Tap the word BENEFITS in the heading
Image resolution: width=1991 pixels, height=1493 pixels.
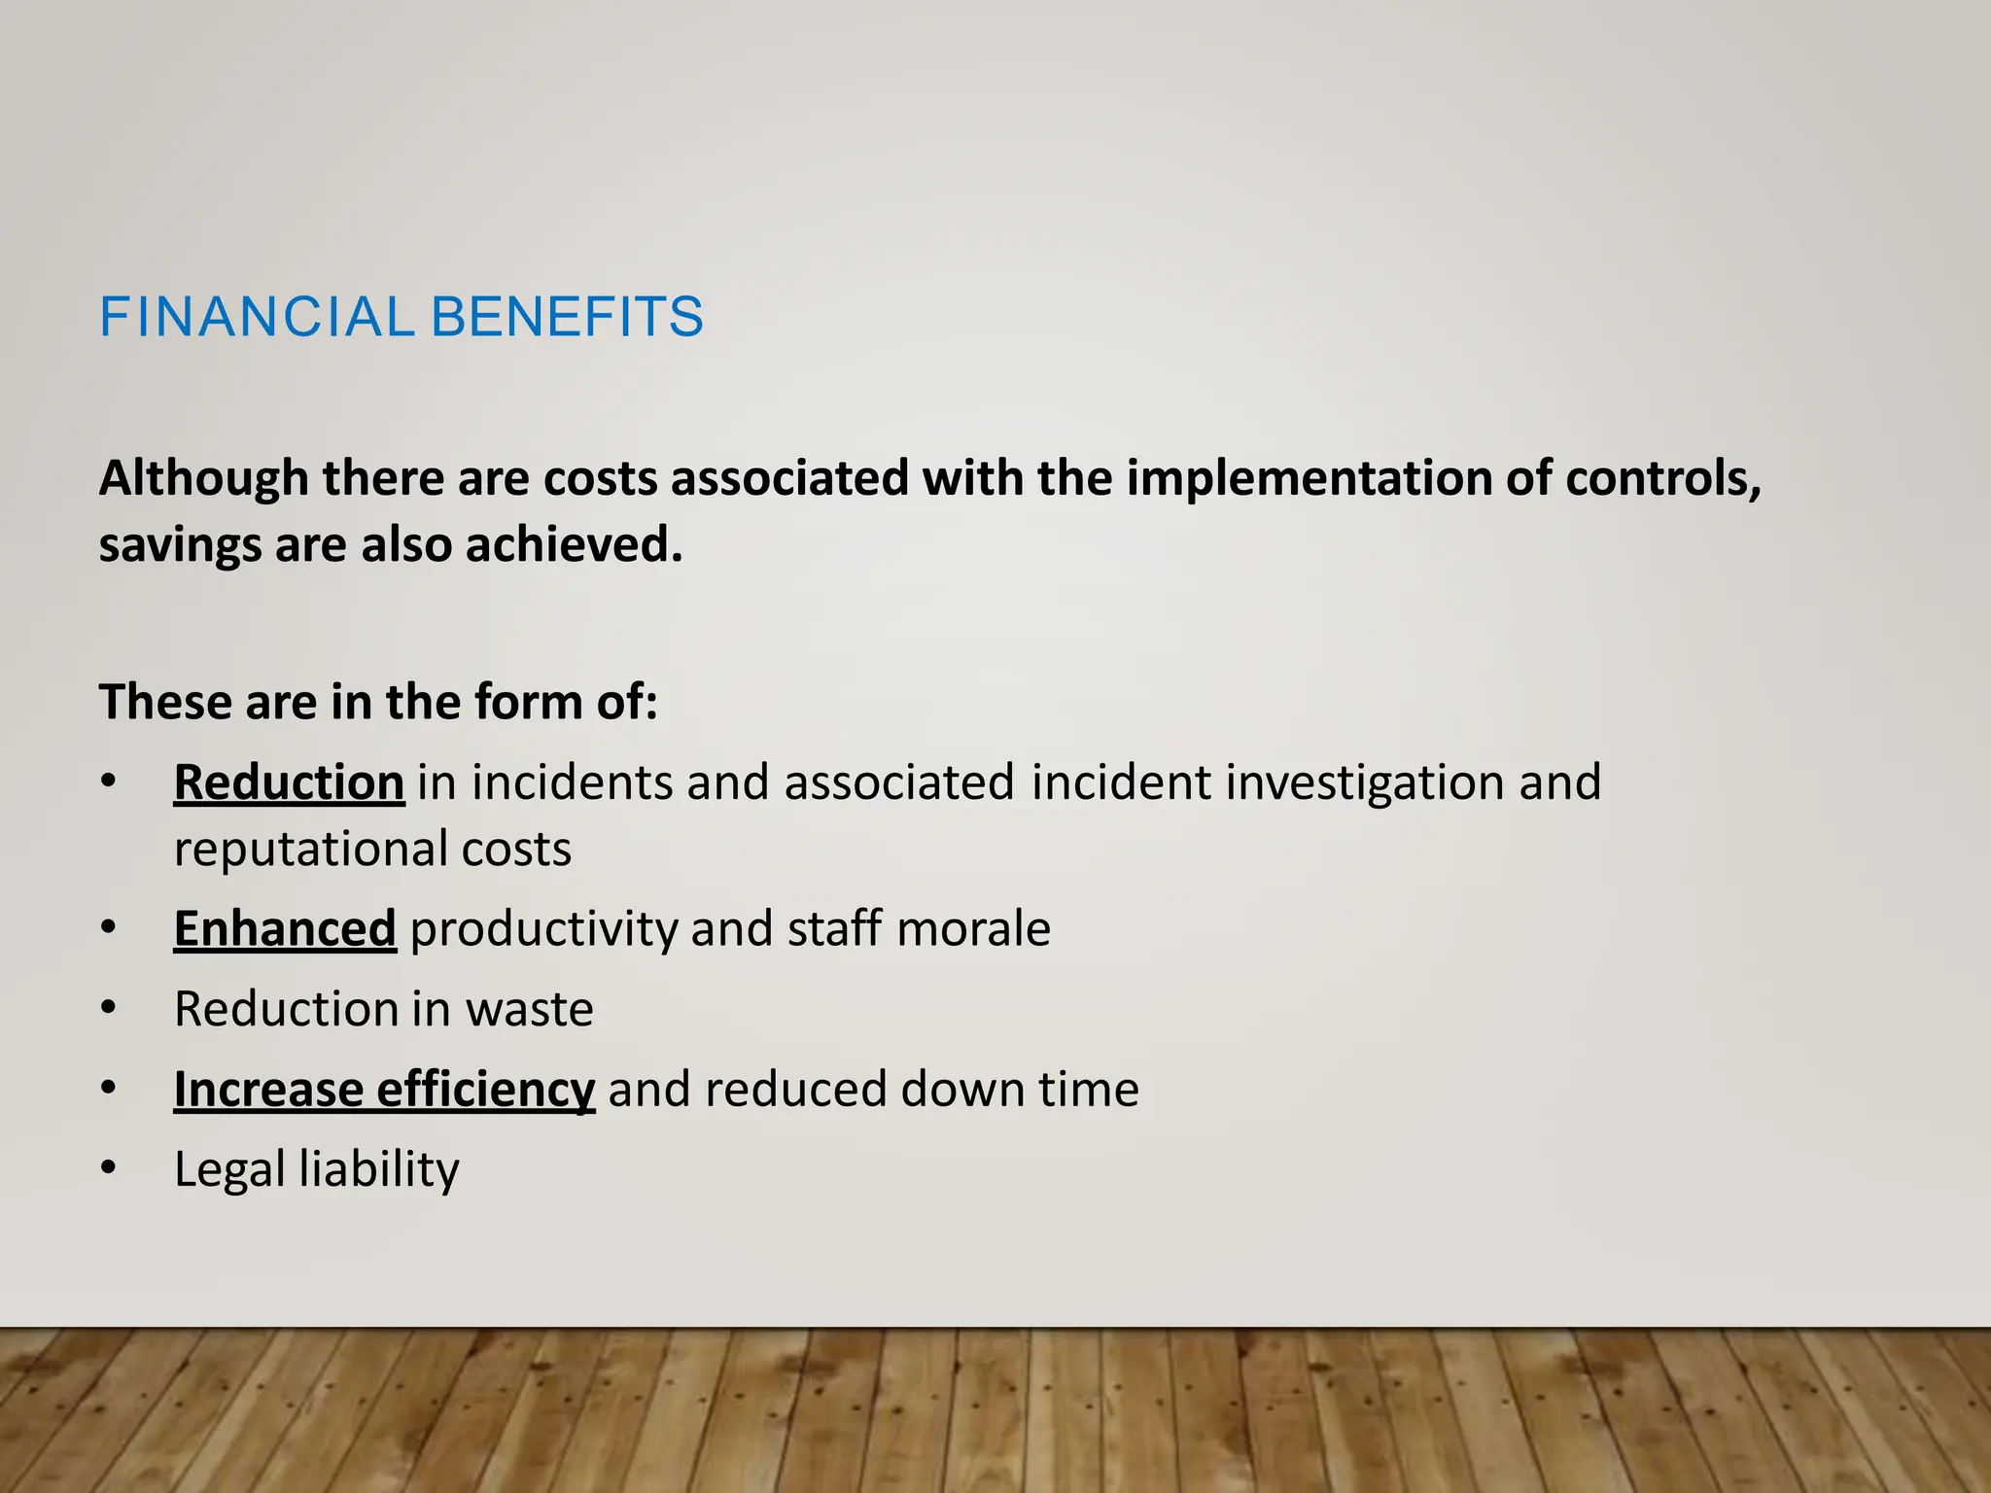click(x=567, y=318)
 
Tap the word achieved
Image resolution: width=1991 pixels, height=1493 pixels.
click(x=574, y=544)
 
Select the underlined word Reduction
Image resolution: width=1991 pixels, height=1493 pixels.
click(x=289, y=783)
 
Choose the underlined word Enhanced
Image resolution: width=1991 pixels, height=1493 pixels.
click(x=285, y=929)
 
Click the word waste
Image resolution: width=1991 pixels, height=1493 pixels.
click(x=529, y=1010)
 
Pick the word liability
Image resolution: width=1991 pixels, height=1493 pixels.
click(x=379, y=1170)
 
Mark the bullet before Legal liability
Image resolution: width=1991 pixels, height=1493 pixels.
click(x=109, y=1169)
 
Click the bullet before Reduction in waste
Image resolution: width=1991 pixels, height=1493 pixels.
click(x=109, y=1009)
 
